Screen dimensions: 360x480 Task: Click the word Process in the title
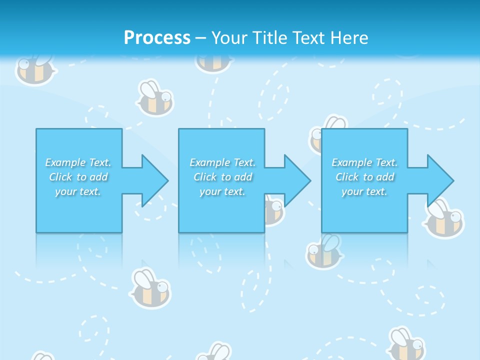click(157, 38)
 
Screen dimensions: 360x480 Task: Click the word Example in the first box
click(64, 162)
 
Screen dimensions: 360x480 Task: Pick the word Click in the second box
click(204, 177)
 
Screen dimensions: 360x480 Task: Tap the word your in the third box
click(352, 191)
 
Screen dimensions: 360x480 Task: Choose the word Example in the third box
click(351, 162)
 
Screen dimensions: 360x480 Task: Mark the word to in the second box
click(226, 177)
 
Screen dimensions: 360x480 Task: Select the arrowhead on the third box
click(439, 180)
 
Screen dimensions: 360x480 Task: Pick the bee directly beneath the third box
click(324, 251)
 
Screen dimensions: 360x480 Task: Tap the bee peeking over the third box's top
click(330, 125)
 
